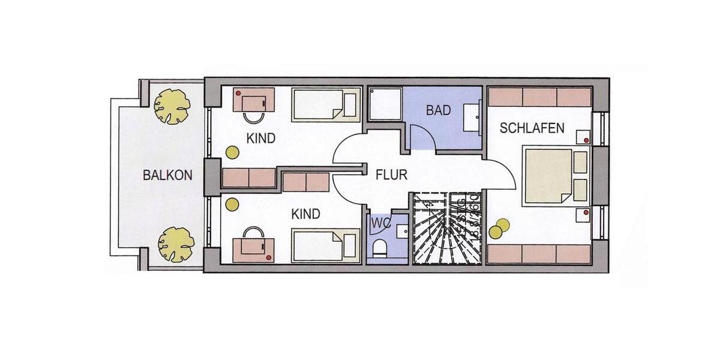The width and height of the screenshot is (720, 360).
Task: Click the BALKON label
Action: (x=167, y=176)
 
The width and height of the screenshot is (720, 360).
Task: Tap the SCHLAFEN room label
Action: (x=532, y=128)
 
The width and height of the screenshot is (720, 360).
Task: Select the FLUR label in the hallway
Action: (x=391, y=175)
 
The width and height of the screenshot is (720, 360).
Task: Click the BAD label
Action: (x=439, y=110)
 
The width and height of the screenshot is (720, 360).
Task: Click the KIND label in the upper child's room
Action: (x=261, y=139)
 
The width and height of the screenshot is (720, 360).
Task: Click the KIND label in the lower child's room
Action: (x=305, y=214)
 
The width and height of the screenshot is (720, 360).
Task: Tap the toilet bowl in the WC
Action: (x=379, y=247)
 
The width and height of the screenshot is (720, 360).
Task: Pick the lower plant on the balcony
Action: (x=175, y=244)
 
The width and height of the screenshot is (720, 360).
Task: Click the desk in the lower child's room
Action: (x=254, y=250)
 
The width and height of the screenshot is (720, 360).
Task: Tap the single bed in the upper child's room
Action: (x=326, y=105)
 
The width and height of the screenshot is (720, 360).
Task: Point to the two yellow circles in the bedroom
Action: (x=499, y=229)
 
